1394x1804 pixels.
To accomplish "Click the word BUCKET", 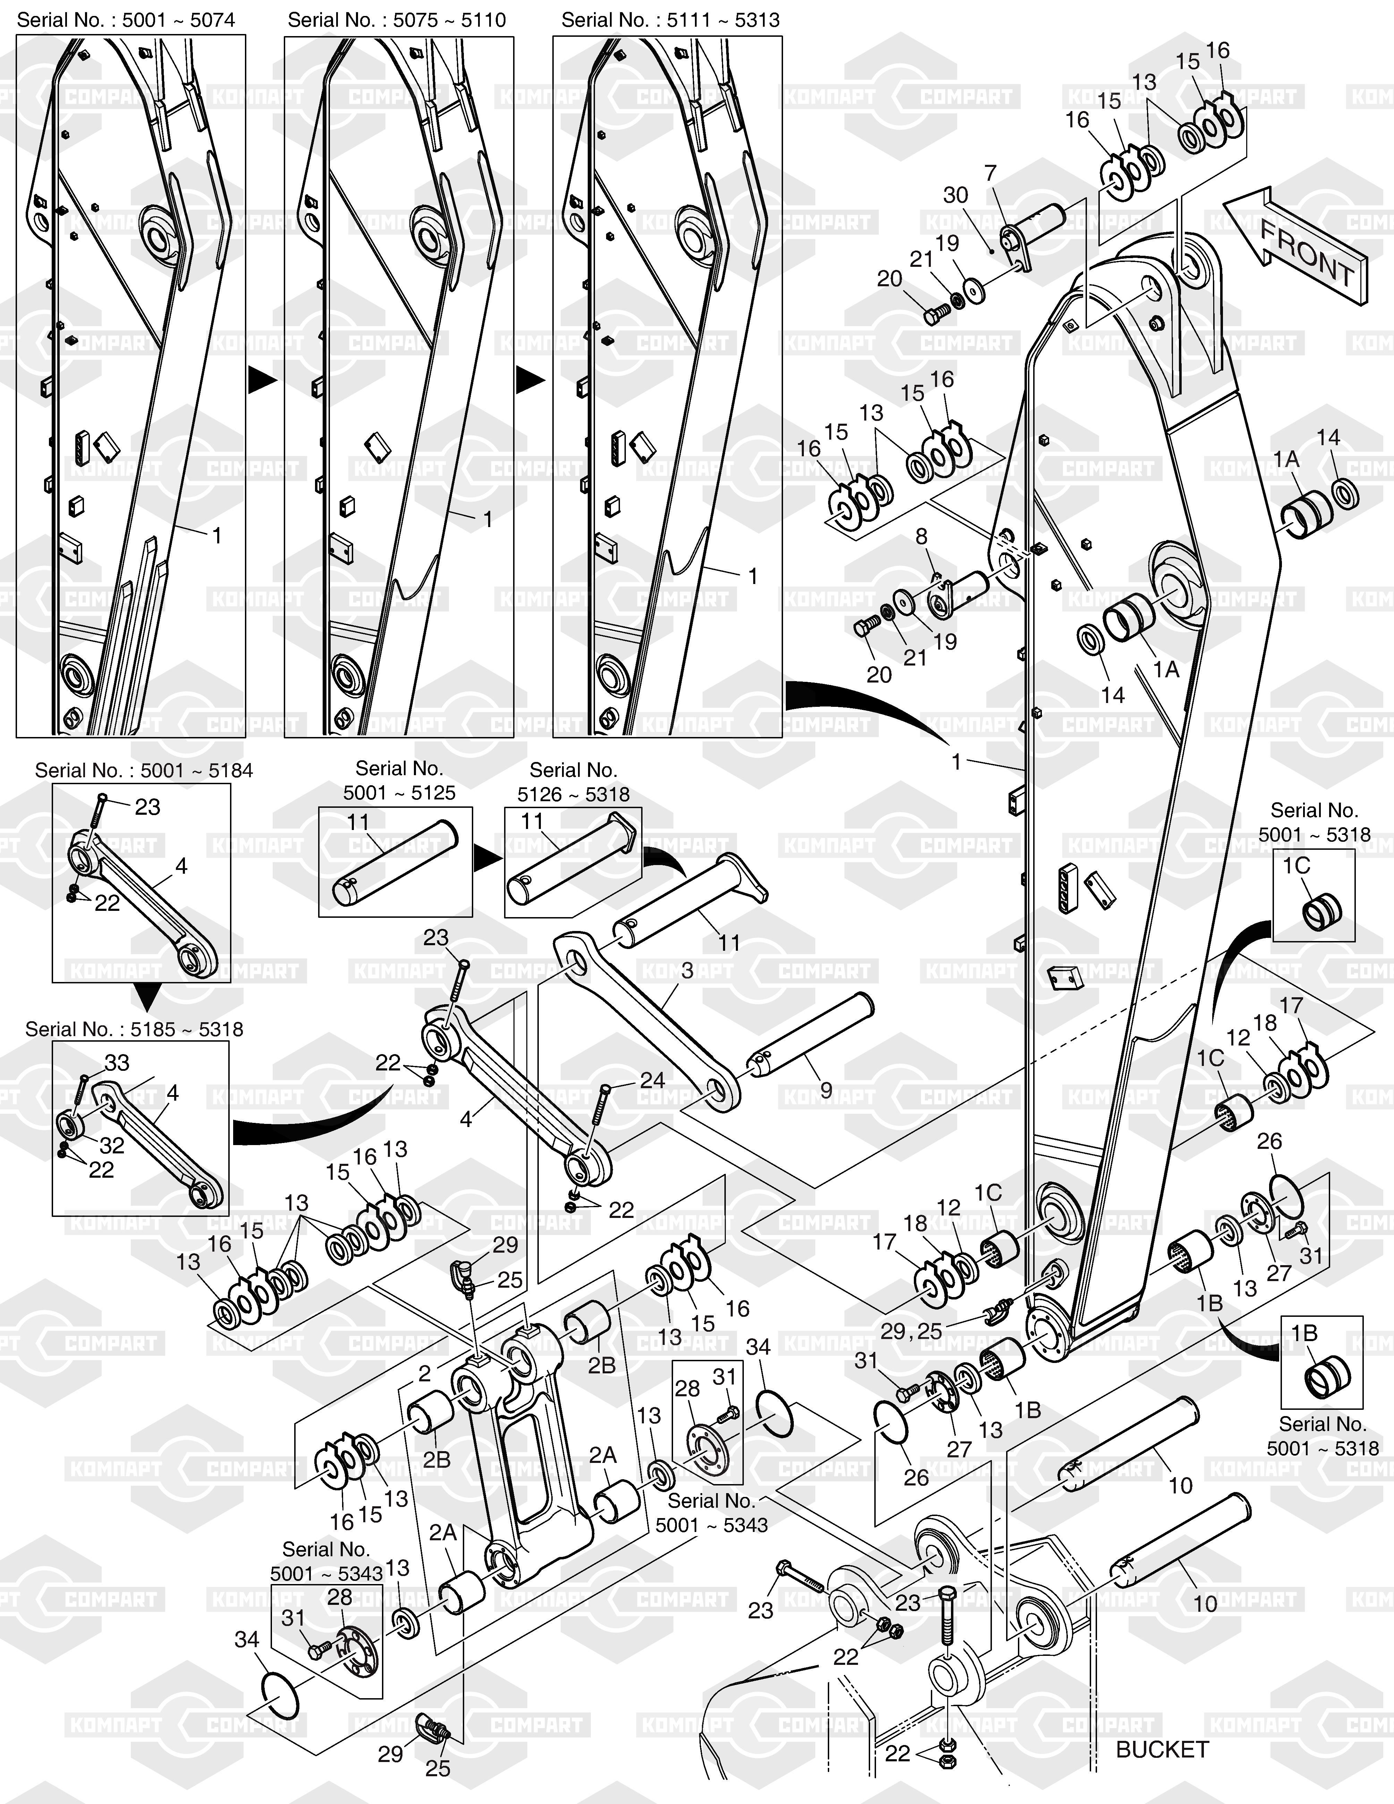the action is point(1162,1750).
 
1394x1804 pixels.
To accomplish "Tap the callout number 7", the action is point(990,173).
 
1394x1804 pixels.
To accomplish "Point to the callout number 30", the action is point(955,195).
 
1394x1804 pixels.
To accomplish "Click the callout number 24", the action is point(652,1081).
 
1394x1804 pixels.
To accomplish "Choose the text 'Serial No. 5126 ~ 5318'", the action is point(573,782).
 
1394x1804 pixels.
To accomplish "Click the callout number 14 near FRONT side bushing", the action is point(1328,438).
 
